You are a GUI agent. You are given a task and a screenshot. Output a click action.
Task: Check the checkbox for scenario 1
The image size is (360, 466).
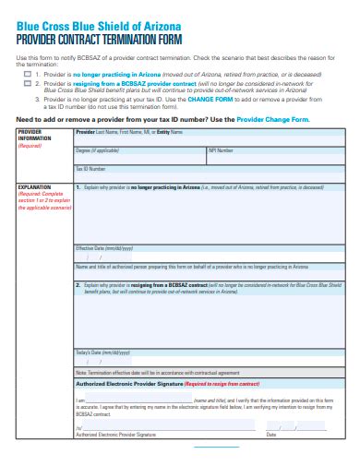[x=28, y=73]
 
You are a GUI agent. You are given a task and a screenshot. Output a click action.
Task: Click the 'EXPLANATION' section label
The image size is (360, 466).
[x=34, y=186]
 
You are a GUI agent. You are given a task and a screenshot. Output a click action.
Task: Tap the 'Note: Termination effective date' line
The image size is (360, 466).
[x=157, y=372]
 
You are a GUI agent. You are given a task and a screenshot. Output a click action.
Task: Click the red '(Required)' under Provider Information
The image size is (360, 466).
[x=30, y=146]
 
